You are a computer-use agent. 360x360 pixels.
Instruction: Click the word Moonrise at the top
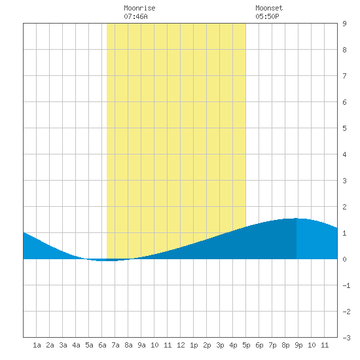click(x=139, y=8)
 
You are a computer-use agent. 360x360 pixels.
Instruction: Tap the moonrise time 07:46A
click(x=135, y=16)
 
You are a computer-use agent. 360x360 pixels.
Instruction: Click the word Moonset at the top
click(x=269, y=8)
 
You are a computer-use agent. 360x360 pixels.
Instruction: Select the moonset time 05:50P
click(x=267, y=16)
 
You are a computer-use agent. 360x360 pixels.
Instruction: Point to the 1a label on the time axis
click(x=37, y=345)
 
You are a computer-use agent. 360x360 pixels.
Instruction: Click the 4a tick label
click(x=76, y=345)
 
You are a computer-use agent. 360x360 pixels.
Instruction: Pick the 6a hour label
click(x=102, y=345)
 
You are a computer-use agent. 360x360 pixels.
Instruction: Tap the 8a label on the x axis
click(x=128, y=345)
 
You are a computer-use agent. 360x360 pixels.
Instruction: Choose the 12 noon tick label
click(x=181, y=345)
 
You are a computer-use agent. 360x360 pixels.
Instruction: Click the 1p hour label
click(x=194, y=345)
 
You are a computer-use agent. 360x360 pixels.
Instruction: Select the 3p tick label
click(x=220, y=345)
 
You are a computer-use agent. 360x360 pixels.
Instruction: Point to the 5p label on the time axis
click(x=246, y=345)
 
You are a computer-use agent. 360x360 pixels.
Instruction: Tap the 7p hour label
click(x=272, y=345)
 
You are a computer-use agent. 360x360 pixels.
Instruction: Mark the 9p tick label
click(x=298, y=345)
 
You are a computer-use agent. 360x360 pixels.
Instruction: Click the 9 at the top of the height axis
click(x=344, y=24)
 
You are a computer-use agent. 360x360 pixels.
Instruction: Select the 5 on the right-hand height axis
click(x=344, y=128)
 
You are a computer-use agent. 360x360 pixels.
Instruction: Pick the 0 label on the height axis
click(x=344, y=259)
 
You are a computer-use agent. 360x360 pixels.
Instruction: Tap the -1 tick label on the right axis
click(x=346, y=285)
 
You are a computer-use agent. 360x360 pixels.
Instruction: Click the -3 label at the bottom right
click(x=346, y=338)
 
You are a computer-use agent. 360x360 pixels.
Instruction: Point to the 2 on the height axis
click(x=344, y=207)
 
